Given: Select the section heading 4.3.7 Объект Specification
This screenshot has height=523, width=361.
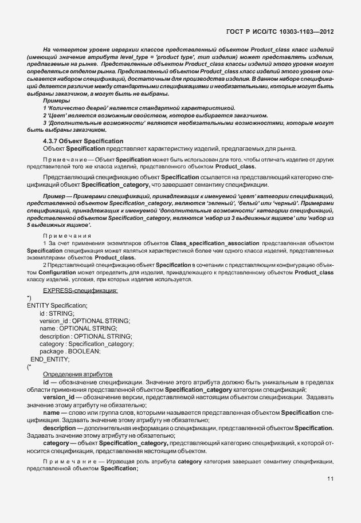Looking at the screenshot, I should pos(83,140).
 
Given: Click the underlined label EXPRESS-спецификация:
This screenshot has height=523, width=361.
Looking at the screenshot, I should pos(80,291).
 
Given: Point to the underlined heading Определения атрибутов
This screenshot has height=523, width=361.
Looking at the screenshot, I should pos(72,373).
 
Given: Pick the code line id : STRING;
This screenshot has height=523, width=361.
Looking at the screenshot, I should pos(57,313).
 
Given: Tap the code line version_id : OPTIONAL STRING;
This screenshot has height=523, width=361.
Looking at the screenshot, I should pos(85,321).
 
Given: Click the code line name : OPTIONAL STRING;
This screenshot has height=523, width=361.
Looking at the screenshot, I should pos(78,328).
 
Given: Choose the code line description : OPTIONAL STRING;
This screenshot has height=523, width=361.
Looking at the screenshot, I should pos(86,336).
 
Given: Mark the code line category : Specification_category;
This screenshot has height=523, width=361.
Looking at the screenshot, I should pos(87,344).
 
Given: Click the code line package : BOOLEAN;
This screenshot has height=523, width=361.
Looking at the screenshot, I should pos(70,351).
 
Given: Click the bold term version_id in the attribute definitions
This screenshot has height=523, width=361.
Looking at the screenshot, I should pos(58,397).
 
